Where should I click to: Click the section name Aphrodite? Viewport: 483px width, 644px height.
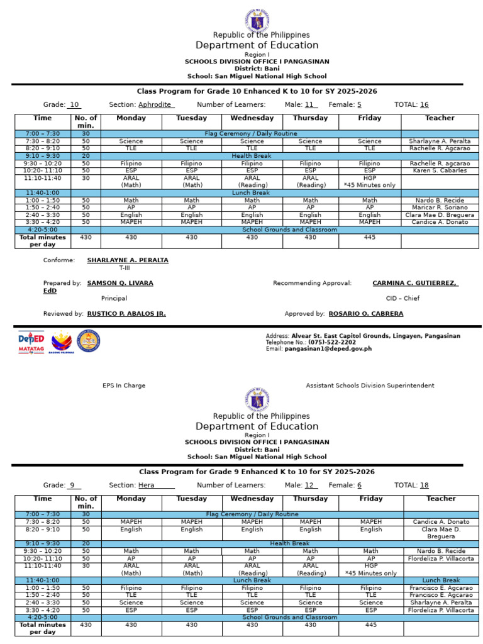pos(155,105)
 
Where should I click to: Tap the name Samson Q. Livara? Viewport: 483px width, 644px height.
pos(119,284)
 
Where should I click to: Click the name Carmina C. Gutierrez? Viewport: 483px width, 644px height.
pos(415,284)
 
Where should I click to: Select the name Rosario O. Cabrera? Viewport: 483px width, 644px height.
pos(365,314)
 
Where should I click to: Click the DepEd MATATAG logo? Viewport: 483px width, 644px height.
pos(31,341)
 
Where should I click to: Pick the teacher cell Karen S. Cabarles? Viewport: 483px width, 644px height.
pos(440,170)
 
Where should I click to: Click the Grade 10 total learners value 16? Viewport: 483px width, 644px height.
pos(424,105)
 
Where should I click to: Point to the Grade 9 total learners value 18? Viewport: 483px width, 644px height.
pos(424,486)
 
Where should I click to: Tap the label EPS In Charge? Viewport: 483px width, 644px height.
pos(124,386)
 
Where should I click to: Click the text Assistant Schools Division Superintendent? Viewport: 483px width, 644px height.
pos(370,386)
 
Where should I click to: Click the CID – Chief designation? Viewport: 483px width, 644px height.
pos(402,299)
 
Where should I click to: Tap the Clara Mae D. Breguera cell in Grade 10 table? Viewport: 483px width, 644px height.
pos(440,215)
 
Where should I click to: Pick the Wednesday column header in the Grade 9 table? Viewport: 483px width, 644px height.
pos(252,499)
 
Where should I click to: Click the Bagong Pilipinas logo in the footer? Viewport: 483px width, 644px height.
pos(62,341)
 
